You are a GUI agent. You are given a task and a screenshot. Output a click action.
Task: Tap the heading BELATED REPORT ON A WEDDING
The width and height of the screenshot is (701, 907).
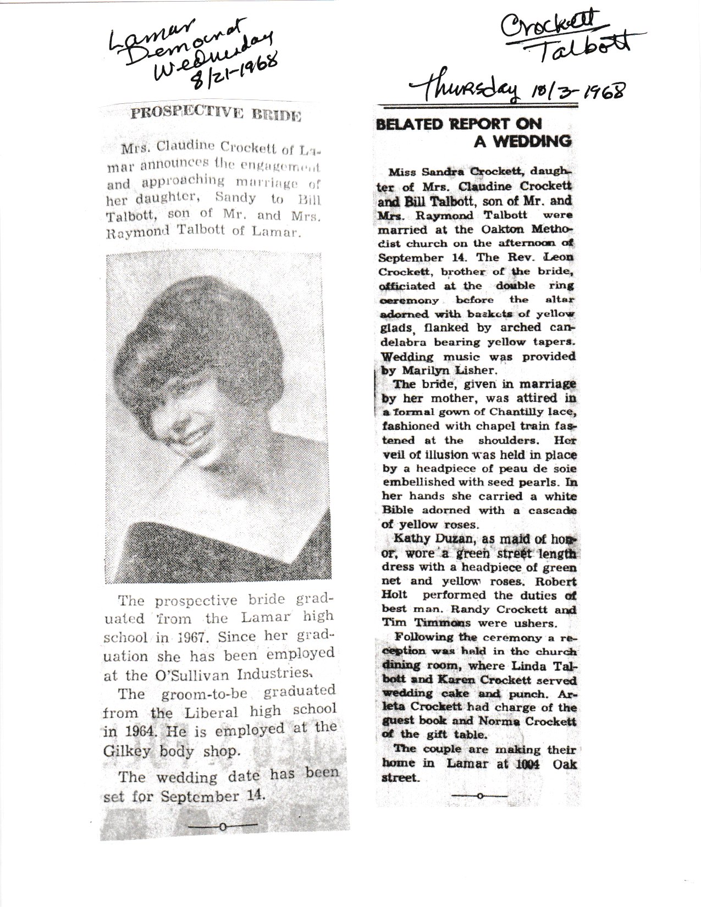pyautogui.click(x=474, y=132)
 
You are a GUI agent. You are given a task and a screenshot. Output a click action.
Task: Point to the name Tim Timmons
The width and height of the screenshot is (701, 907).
pyautogui.click(x=422, y=623)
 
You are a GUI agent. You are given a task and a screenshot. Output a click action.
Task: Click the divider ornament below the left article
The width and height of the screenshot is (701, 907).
pyautogui.click(x=222, y=826)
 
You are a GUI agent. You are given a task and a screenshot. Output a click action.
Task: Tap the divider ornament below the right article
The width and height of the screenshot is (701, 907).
pyautogui.click(x=478, y=796)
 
